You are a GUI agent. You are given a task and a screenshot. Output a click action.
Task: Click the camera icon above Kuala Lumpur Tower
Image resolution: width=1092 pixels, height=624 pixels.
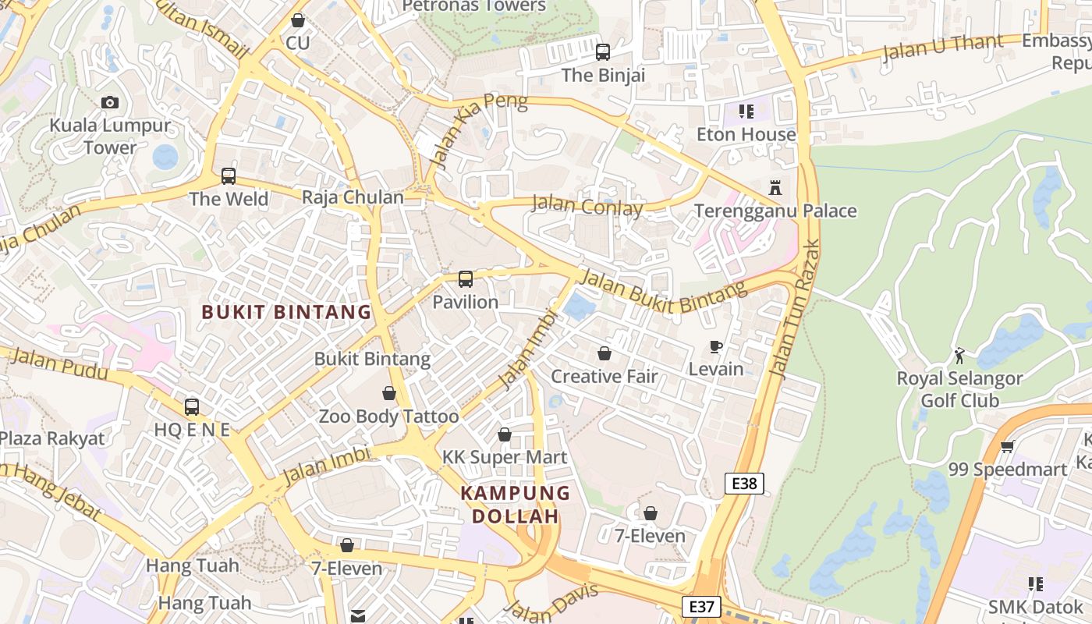point(110,102)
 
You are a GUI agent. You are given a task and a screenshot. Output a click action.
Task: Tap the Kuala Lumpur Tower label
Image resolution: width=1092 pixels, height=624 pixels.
point(110,136)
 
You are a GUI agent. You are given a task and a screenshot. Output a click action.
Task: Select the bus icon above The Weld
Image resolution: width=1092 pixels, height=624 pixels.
point(229,176)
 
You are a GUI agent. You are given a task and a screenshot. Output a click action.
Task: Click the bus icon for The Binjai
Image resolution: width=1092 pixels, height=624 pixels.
point(603,52)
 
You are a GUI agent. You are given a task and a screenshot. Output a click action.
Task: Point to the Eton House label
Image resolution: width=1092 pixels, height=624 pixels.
point(746,134)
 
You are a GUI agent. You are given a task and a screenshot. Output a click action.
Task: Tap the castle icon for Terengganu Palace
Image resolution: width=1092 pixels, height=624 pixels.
point(775,188)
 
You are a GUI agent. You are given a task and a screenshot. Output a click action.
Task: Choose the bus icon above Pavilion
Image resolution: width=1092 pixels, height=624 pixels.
point(466,279)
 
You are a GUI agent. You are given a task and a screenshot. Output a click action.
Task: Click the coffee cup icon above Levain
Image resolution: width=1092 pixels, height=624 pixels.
point(716,347)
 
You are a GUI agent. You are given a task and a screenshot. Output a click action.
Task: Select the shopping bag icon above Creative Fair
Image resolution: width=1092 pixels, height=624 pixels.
point(604,353)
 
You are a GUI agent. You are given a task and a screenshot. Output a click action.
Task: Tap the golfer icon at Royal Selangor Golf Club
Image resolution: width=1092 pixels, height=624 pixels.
point(959,356)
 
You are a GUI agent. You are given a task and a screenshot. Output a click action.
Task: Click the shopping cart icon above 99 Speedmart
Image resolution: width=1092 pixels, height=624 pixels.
point(1007,447)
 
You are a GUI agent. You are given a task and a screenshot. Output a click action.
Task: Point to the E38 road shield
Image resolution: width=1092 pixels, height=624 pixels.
point(744,484)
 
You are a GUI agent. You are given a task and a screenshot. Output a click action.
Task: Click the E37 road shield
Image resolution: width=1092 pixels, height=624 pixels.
point(700,606)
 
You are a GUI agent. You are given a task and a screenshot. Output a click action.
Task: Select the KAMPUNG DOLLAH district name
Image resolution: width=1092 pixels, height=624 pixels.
point(515,505)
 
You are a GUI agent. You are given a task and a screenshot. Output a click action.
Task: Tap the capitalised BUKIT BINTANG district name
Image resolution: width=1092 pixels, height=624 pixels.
point(286,312)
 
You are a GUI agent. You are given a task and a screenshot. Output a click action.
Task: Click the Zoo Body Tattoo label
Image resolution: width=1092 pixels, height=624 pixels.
point(388,417)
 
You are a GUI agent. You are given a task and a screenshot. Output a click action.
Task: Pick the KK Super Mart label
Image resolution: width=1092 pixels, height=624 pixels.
point(505,457)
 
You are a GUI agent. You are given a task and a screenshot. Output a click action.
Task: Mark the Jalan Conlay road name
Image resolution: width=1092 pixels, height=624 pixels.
point(587,207)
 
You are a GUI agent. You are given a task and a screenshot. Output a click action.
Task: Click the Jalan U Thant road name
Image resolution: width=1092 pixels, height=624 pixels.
point(942,48)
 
